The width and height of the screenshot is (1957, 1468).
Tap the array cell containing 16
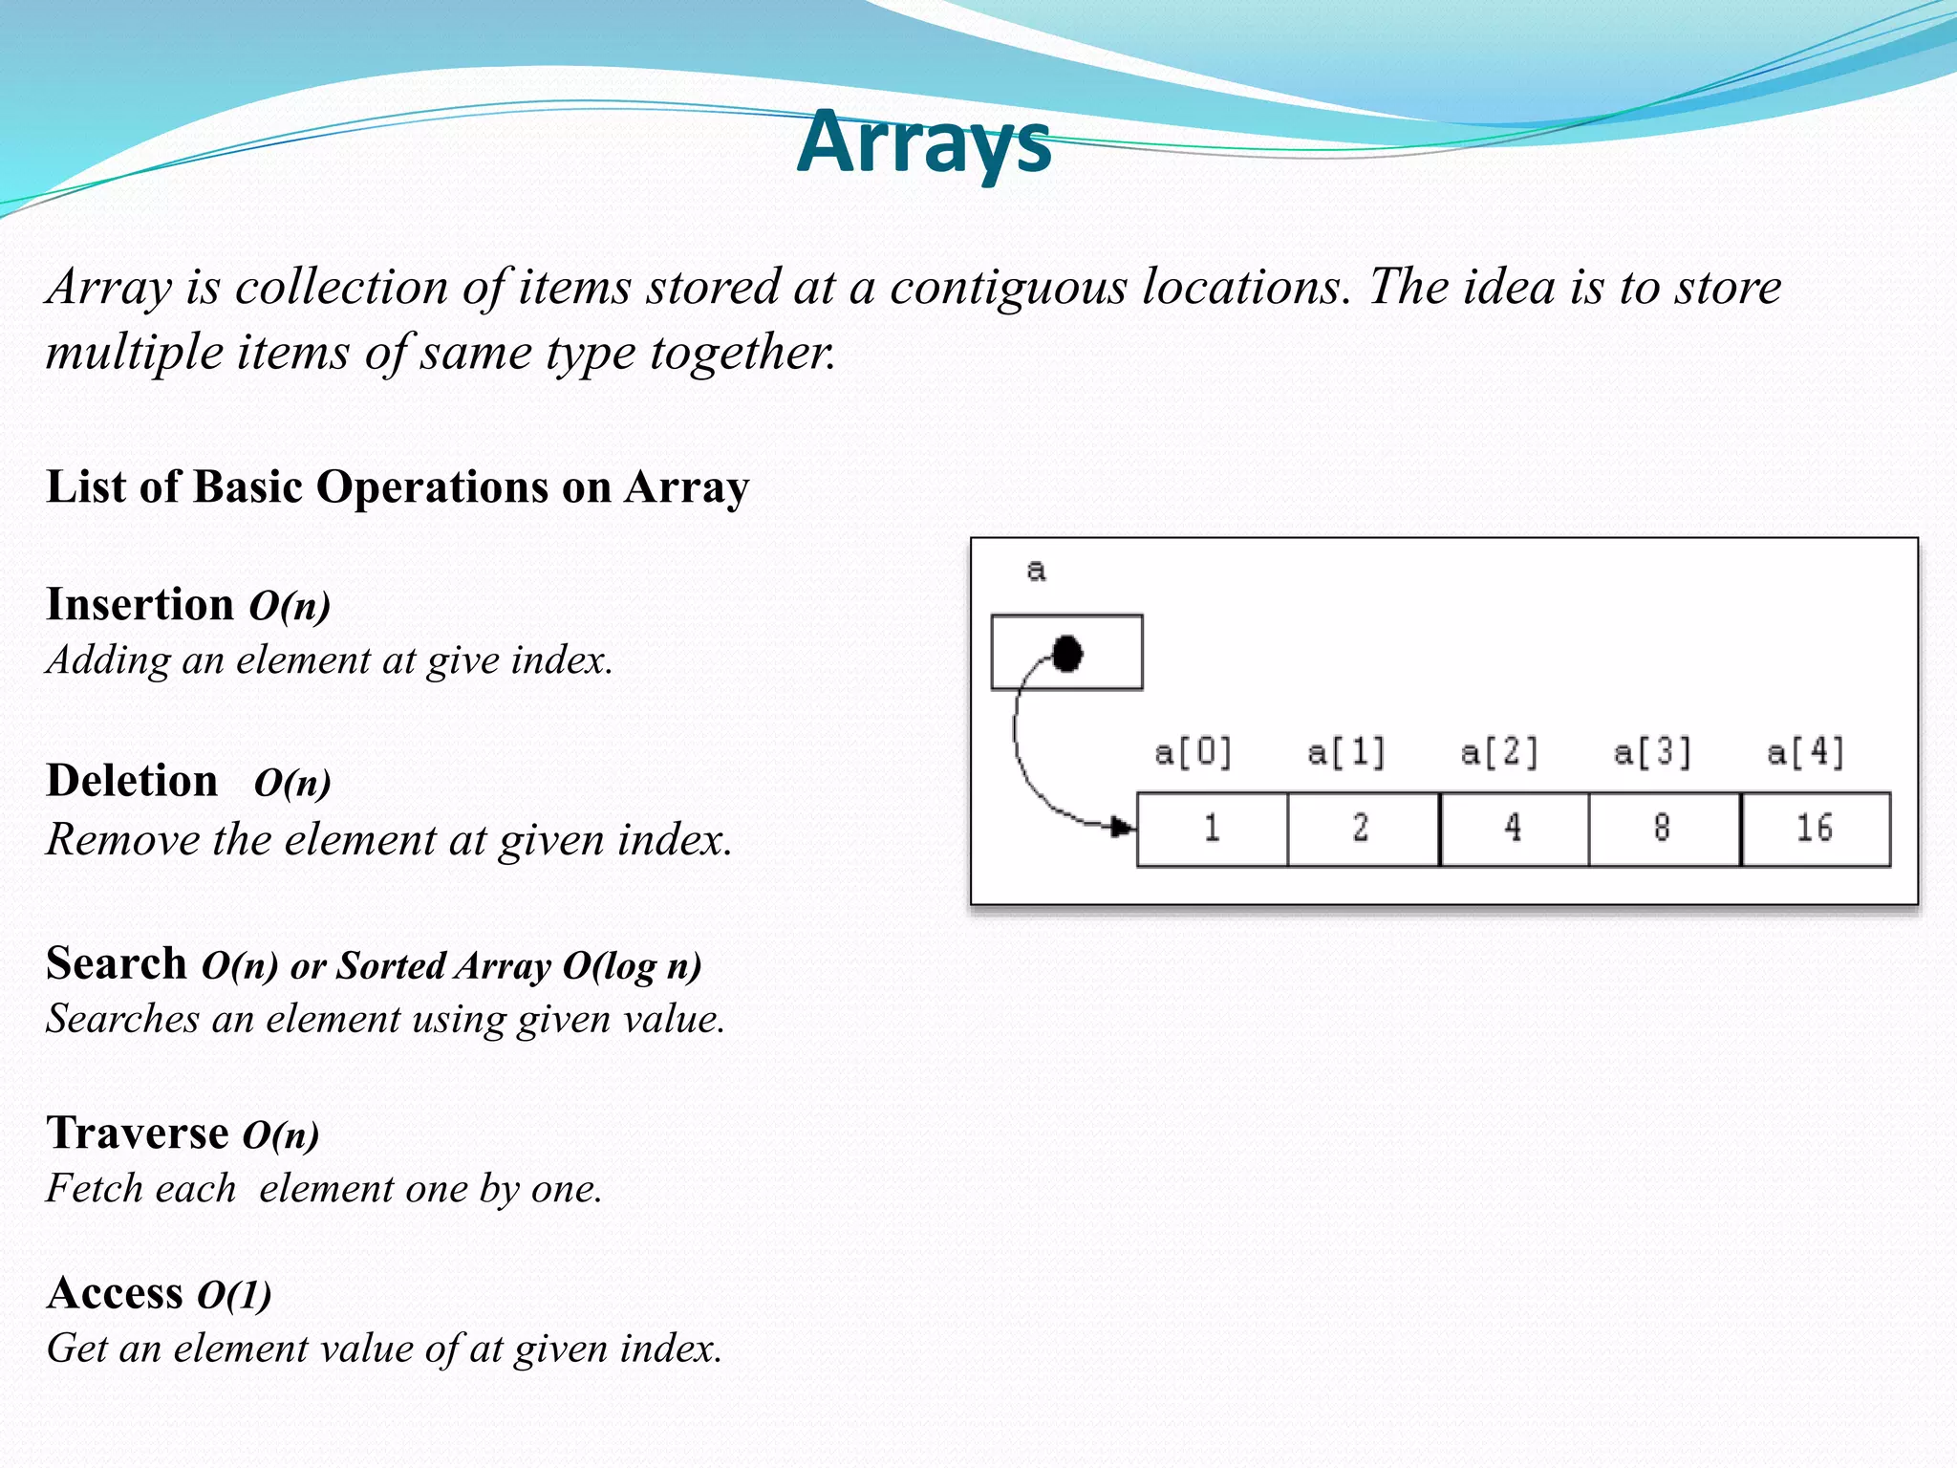pyautogui.click(x=1815, y=829)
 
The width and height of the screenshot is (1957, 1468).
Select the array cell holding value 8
pyautogui.click(x=1664, y=829)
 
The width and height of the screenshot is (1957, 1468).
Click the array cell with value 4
pyautogui.click(x=1514, y=829)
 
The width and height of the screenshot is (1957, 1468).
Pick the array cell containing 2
pyautogui.click(x=1363, y=829)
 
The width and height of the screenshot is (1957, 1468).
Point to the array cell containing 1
pyautogui.click(x=1212, y=829)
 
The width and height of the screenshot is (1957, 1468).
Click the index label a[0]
pyautogui.click(x=1194, y=753)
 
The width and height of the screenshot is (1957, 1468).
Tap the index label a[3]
pyautogui.click(x=1652, y=753)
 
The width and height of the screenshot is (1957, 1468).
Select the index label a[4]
pyautogui.click(x=1805, y=753)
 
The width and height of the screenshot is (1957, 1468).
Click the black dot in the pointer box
pyautogui.click(x=1066, y=654)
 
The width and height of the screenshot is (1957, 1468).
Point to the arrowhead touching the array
pyautogui.click(x=1123, y=827)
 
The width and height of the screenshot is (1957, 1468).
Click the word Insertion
pyautogui.click(x=140, y=605)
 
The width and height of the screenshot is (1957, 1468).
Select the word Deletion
pyautogui.click(x=132, y=781)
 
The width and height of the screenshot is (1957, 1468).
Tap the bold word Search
pyautogui.click(x=117, y=963)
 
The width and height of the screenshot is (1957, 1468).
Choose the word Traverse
pyautogui.click(x=138, y=1133)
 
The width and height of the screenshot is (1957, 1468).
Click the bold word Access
pyautogui.click(x=115, y=1293)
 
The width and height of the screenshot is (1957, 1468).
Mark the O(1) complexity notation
pyautogui.click(x=234, y=1295)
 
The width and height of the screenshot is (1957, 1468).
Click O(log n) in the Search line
pyautogui.click(x=632, y=966)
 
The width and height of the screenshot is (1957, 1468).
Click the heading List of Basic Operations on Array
pyautogui.click(x=398, y=487)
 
